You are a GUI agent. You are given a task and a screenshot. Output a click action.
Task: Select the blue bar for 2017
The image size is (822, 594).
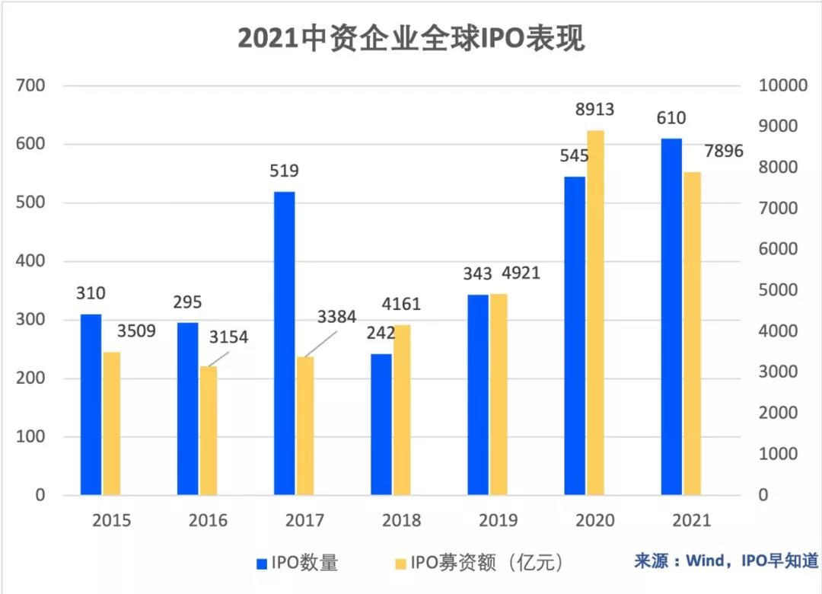284,343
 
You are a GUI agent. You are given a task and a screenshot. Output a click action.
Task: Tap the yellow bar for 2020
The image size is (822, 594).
596,312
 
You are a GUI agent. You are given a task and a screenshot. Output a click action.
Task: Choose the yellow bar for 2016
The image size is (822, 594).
209,430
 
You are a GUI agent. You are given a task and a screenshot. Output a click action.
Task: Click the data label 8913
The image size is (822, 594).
594,110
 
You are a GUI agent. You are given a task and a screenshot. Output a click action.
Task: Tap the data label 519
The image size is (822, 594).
284,171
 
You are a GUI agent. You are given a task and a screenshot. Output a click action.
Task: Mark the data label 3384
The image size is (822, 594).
334,317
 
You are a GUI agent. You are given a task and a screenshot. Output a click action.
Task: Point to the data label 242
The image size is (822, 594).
381,333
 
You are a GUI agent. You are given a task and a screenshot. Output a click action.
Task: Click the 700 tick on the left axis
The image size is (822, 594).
30,86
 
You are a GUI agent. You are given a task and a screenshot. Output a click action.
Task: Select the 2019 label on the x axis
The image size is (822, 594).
498,521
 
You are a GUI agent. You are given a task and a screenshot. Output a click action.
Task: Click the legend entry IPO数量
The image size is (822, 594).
297,564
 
